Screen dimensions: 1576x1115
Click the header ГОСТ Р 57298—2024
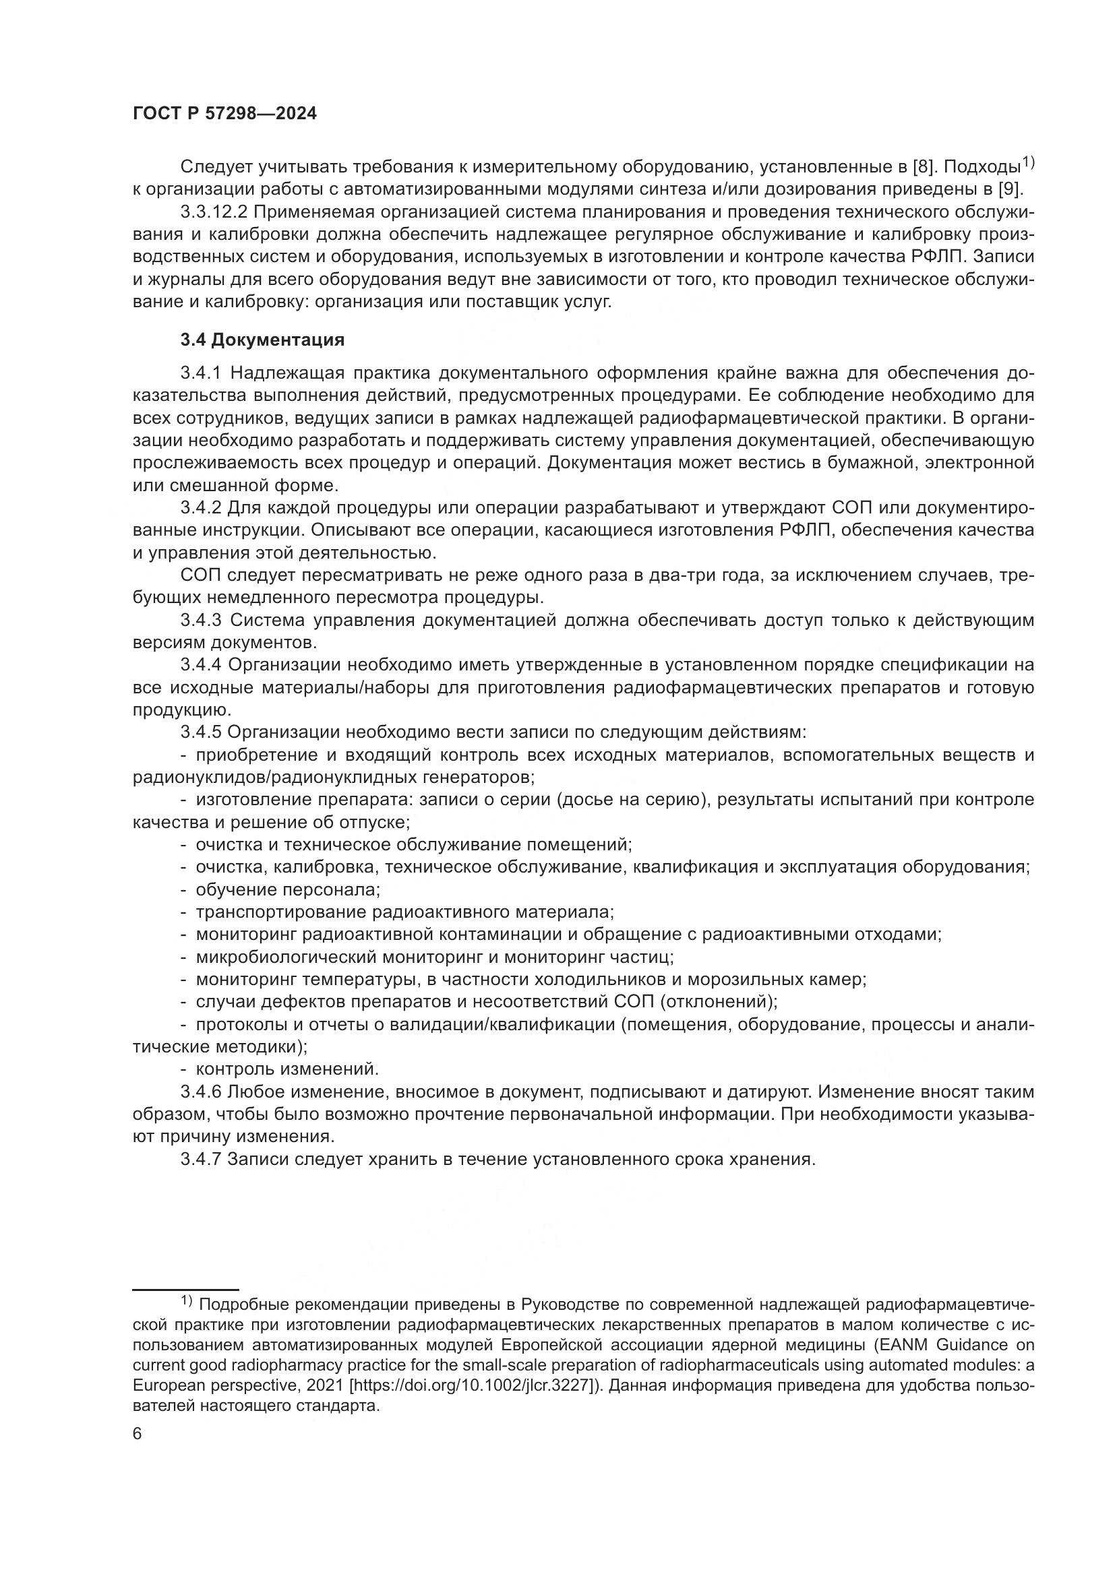tap(224, 114)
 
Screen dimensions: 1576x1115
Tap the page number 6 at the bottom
tap(138, 1434)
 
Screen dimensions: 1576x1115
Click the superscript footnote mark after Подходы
tap(1028, 162)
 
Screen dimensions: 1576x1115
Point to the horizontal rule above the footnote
tap(185, 1290)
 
